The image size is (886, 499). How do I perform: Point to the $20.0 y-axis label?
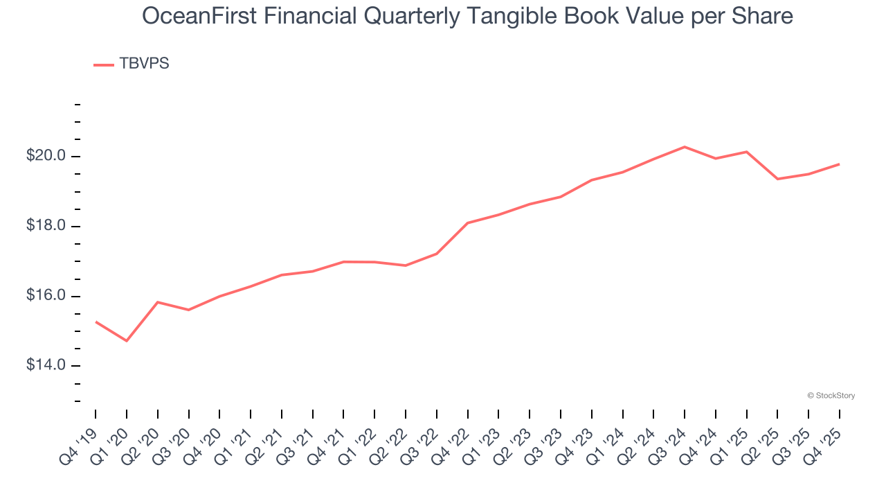point(46,156)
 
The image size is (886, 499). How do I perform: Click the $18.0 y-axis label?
point(46,226)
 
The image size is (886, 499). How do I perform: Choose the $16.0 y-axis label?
point(46,296)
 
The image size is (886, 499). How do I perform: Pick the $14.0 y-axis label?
point(46,365)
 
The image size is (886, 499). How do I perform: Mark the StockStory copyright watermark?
point(831,396)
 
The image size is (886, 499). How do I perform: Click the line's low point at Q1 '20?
point(127,341)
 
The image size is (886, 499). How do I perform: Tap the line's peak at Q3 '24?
point(685,147)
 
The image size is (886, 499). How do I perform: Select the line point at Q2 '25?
point(777,179)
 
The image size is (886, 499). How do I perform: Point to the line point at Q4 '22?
point(468,223)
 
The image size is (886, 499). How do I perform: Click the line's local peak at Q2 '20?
point(158,302)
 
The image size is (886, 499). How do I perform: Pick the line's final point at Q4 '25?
point(839,164)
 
